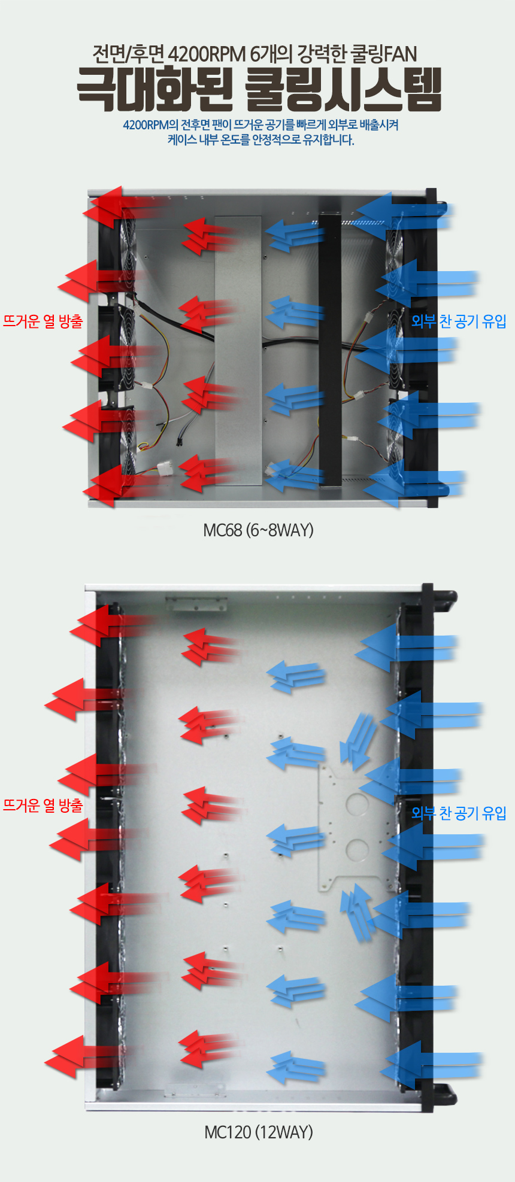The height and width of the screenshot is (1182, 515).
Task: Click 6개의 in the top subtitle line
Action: (271, 54)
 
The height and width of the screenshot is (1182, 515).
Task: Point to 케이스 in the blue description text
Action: (182, 140)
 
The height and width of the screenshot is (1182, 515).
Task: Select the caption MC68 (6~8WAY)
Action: (258, 530)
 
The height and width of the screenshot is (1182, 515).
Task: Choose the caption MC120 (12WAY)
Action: (259, 1132)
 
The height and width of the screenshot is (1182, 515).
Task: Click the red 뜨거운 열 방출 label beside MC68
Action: (43, 321)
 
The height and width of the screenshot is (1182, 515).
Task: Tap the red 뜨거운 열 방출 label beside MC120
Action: (43, 805)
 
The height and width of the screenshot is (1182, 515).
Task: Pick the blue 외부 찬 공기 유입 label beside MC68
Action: (459, 321)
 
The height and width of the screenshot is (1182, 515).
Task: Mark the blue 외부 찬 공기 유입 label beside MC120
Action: (459, 813)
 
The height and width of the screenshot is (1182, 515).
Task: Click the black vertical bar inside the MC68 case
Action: (330, 353)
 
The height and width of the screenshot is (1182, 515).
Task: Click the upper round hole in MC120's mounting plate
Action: (357, 804)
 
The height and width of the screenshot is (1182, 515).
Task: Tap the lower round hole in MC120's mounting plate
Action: (357, 849)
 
